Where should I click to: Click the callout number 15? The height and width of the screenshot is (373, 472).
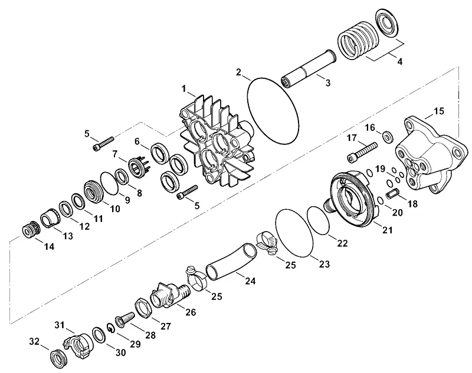[x=438, y=111]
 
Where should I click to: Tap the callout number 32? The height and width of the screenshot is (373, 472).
[x=34, y=342]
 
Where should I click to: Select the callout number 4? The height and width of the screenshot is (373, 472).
[x=399, y=62]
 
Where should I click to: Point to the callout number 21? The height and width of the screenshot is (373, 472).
[x=388, y=230]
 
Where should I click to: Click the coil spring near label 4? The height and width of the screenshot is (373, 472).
[x=358, y=40]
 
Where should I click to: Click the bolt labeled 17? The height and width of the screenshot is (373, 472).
[x=362, y=152]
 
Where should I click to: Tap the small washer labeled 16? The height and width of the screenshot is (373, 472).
[x=388, y=137]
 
